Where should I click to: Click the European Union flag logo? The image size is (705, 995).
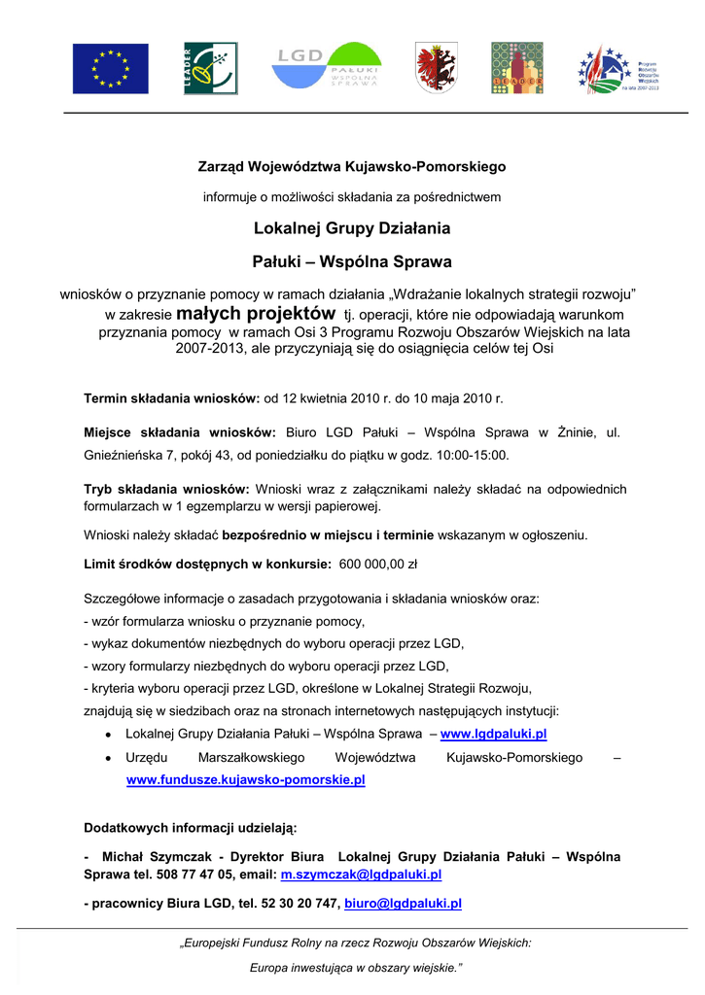(110, 69)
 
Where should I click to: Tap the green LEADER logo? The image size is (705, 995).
(210, 69)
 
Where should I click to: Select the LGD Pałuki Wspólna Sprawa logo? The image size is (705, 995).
(326, 67)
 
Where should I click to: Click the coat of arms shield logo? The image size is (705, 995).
(437, 68)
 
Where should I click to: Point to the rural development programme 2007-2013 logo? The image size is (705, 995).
(619, 70)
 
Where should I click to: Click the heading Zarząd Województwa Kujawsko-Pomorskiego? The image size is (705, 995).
(352, 167)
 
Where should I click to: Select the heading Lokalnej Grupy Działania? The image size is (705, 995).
(352, 229)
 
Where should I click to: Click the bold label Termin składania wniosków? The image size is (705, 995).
(172, 398)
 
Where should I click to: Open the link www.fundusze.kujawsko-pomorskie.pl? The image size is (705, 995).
(246, 779)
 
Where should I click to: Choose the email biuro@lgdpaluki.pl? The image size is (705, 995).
(403, 903)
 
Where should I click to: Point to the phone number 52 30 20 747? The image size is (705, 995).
(300, 903)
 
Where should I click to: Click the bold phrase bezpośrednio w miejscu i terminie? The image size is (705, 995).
(329, 534)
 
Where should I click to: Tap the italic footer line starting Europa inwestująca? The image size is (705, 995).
(356, 968)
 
